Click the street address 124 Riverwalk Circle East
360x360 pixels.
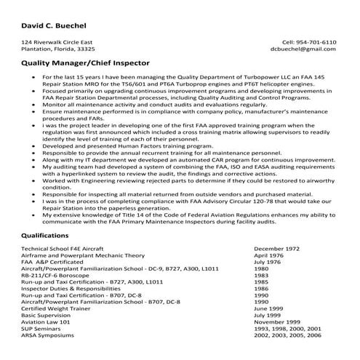click(x=57, y=42)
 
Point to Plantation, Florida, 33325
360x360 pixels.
click(x=58, y=49)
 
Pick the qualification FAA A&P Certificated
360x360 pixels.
click(x=54, y=261)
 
